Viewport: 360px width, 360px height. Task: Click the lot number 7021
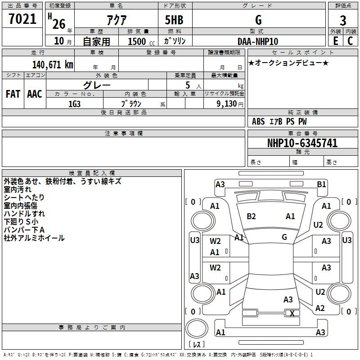[22, 19]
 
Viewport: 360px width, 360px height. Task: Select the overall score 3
[343, 21]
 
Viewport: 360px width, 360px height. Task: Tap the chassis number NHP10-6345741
[302, 143]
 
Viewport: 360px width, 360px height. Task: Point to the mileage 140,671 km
[53, 64]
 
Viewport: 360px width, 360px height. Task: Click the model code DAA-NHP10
[258, 41]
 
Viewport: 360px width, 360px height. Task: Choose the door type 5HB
[174, 20]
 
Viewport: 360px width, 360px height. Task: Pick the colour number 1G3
[74, 104]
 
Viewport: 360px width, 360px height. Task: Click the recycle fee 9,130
[227, 104]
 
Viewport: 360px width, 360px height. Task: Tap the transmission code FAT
[13, 94]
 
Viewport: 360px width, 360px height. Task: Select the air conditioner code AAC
[35, 94]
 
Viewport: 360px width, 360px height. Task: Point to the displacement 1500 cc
[141, 41]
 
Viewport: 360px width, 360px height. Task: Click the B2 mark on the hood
[251, 216]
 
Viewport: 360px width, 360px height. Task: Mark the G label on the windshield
[284, 237]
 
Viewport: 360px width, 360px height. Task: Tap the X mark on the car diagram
[292, 313]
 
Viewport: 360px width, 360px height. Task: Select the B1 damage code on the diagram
[321, 184]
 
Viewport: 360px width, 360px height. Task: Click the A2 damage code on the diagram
[320, 308]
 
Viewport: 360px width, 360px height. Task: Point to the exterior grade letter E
[335, 41]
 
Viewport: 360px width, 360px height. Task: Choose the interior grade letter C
[350, 41]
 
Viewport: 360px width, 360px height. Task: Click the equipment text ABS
[258, 121]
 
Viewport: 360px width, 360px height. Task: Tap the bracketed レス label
[197, 344]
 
